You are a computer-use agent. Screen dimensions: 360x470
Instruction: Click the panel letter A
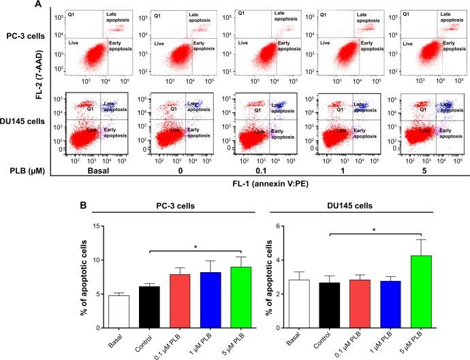click(6, 5)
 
